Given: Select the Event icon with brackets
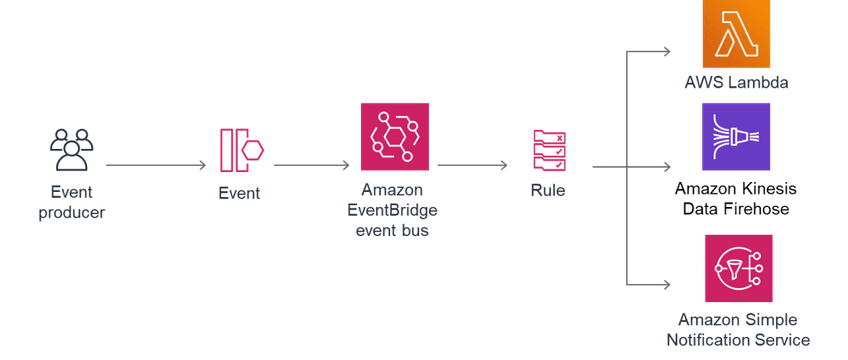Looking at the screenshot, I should click(x=240, y=150).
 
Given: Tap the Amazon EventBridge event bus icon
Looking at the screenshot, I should click(x=394, y=135).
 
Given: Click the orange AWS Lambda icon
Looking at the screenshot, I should click(x=737, y=33).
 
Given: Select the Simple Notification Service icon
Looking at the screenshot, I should click(x=737, y=267).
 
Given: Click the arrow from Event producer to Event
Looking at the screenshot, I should click(x=156, y=165).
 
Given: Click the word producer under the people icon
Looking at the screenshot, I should click(x=72, y=212).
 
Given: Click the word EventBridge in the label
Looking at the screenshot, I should click(x=394, y=211).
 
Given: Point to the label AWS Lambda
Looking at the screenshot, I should click(x=737, y=83).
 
